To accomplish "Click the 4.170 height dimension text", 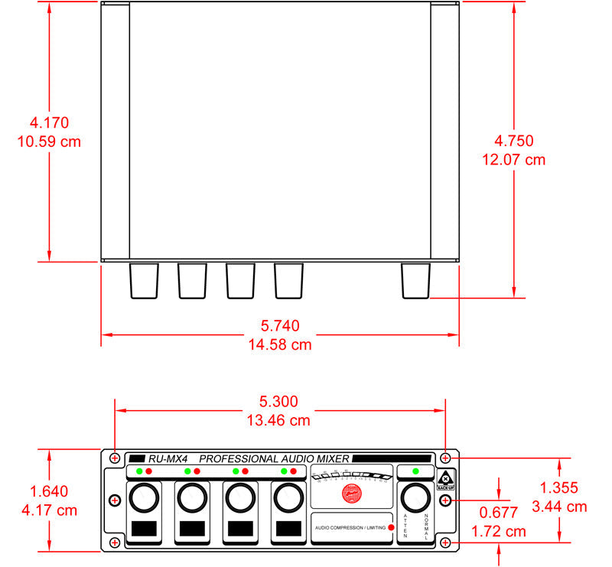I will (x=49, y=122).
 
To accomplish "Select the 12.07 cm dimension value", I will (x=514, y=160).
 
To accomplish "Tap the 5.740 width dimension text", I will (x=280, y=325).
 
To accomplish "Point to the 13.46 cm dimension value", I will (x=278, y=420).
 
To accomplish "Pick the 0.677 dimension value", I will (x=499, y=513).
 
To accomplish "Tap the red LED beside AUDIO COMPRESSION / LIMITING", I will (x=391, y=528).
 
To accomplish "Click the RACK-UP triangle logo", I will (x=446, y=475).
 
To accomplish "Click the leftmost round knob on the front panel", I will (x=143, y=499).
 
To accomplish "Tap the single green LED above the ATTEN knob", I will (x=415, y=471).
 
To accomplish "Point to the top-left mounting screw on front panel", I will (x=115, y=458).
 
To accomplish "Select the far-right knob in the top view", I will (x=416, y=281).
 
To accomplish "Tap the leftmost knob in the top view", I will (x=143, y=281).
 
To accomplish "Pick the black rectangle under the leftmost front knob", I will (x=143, y=528).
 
